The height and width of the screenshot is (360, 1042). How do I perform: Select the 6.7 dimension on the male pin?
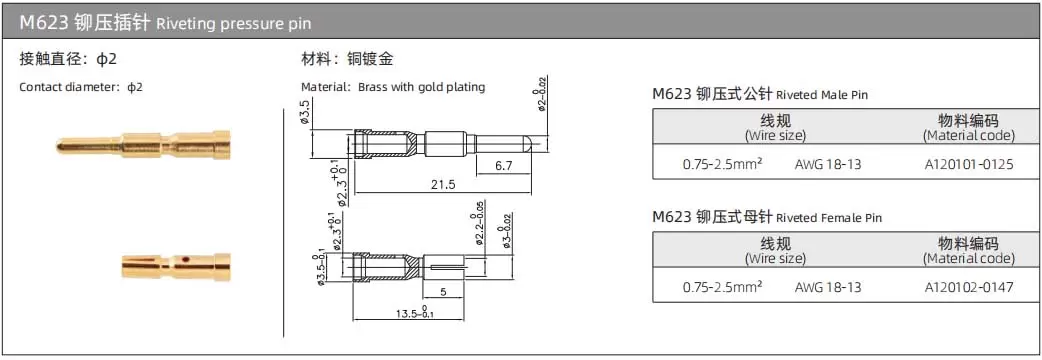pyautogui.click(x=503, y=166)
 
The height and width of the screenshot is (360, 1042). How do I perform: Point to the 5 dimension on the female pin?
pyautogui.click(x=443, y=291)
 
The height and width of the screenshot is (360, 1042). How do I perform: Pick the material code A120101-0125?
pyautogui.click(x=970, y=164)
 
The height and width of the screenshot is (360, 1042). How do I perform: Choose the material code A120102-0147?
pyautogui.click(x=970, y=288)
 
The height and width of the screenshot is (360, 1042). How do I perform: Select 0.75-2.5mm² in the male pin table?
pyautogui.click(x=722, y=163)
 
